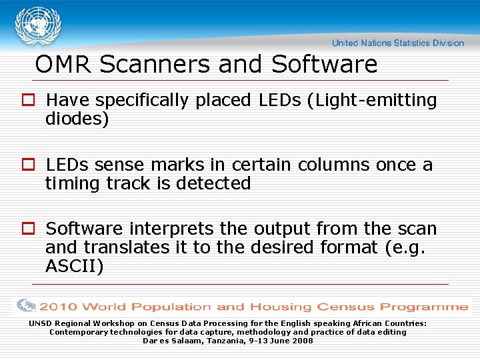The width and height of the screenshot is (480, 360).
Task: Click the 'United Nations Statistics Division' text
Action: [397, 43]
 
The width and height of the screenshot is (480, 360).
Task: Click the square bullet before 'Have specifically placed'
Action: [29, 101]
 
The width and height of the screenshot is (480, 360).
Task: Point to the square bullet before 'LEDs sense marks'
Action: [29, 165]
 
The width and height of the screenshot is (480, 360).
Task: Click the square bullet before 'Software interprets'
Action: [29, 229]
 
